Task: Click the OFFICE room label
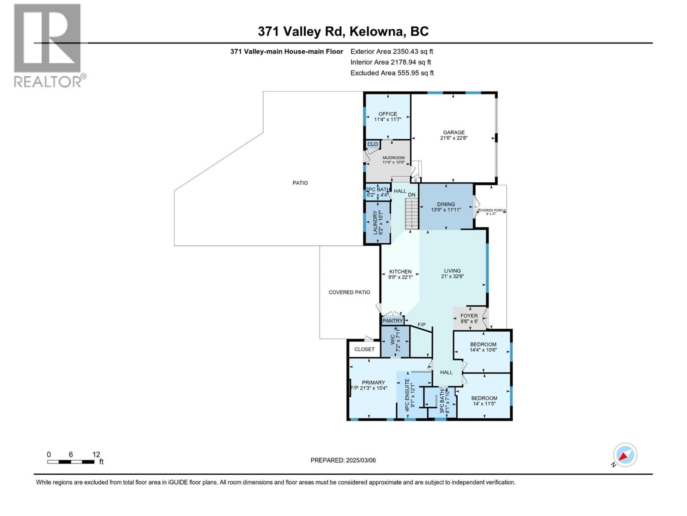click(x=387, y=114)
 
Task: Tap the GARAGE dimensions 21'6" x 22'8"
click(x=453, y=138)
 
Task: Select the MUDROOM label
click(x=393, y=158)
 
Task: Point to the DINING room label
click(x=446, y=204)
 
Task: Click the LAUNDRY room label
click(x=375, y=222)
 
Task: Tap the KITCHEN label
click(x=400, y=271)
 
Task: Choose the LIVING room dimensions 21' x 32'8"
click(x=452, y=277)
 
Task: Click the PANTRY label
click(x=392, y=321)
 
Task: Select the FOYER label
click(x=469, y=316)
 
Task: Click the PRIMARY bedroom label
click(x=373, y=382)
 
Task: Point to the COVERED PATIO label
click(x=349, y=292)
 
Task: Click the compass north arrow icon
click(x=625, y=455)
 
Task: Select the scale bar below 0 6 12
click(x=71, y=462)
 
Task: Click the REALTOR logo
click(x=48, y=45)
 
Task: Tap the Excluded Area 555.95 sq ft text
click(x=392, y=73)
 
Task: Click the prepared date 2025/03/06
click(x=360, y=460)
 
